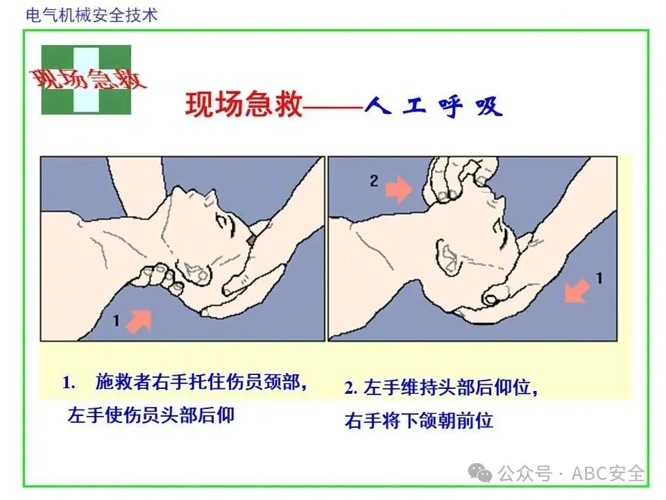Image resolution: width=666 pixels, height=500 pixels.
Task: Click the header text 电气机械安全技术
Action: coord(92,15)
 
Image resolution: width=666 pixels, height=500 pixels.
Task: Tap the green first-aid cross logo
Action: coord(86,80)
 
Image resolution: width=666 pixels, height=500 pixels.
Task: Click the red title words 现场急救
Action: coord(244,104)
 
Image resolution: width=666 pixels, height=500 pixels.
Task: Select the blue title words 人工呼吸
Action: coord(434,106)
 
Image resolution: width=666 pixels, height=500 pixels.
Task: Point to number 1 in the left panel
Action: coord(116,320)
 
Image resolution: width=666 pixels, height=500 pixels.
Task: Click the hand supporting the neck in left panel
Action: coord(160,278)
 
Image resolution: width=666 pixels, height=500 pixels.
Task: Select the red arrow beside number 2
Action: coord(398,189)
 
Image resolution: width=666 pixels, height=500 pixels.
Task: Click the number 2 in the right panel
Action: coord(374,181)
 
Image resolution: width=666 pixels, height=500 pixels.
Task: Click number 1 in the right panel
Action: coord(599,278)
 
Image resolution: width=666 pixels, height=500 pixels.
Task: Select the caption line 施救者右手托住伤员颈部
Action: coord(198,382)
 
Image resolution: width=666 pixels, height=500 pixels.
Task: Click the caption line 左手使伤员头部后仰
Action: coord(151,415)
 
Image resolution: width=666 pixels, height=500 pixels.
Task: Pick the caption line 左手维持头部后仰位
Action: coord(450,387)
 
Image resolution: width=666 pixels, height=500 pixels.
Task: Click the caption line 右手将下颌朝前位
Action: coord(419,421)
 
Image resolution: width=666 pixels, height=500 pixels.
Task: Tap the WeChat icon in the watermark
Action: coord(480,473)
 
